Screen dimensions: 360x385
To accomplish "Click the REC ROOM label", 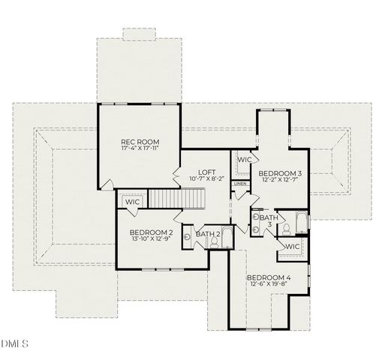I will point(140,140).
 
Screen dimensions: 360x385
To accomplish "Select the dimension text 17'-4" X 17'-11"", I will point(140,148).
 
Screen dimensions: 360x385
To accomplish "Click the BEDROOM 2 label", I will point(151,232).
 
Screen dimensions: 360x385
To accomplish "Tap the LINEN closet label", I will point(240,184).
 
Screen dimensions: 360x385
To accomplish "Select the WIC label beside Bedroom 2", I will point(133,202).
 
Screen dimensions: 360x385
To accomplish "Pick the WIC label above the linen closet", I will point(244,160).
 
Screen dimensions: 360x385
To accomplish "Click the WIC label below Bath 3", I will point(292,246).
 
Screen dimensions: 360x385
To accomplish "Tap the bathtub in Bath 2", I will point(227,236).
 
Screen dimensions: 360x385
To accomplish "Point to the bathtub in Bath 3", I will point(301,223).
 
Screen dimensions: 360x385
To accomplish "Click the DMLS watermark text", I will point(15,344).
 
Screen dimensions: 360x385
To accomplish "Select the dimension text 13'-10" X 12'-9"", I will point(151,240).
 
